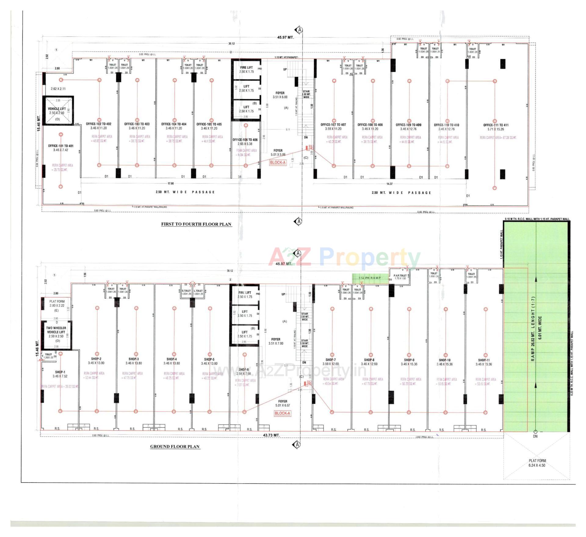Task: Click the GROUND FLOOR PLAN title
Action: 175,446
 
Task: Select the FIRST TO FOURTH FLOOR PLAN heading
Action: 196,224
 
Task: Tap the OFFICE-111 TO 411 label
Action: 496,125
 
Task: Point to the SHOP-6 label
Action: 243,369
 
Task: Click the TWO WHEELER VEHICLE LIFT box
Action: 56,334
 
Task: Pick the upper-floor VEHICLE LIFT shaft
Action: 57,111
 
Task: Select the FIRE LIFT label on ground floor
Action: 244,293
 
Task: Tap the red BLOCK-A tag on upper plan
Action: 277,163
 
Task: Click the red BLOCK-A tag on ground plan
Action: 282,413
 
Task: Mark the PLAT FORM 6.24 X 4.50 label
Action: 537,463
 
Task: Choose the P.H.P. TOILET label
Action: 400,276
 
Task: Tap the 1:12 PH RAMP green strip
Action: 370,278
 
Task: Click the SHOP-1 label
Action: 60,372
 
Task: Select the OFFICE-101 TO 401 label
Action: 61,146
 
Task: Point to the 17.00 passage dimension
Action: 170,184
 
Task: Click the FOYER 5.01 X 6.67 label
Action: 282,403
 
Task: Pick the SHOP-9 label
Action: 409,360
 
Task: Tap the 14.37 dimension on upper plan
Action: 389,184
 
